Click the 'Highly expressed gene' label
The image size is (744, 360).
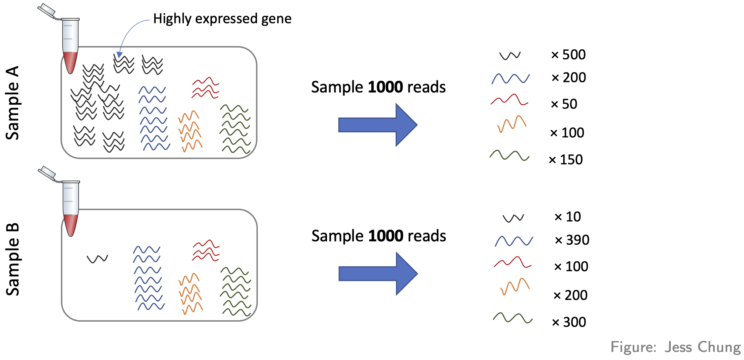click(222, 18)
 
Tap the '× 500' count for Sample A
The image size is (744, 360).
click(568, 55)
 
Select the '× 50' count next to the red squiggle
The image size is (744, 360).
click(564, 104)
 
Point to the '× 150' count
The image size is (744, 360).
click(566, 160)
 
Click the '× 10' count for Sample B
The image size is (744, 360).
click(568, 217)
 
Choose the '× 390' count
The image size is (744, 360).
click(572, 240)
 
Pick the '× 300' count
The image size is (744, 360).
click(569, 322)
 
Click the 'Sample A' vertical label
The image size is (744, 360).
click(13, 103)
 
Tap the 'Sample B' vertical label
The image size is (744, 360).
click(13, 259)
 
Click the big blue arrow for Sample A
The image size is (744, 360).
click(378, 125)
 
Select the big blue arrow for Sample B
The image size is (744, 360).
click(378, 274)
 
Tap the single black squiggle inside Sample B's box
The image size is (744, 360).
click(97, 259)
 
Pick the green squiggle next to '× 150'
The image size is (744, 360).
click(509, 155)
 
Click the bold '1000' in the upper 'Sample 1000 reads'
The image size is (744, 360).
click(385, 87)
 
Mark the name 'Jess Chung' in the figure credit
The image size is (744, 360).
click(702, 347)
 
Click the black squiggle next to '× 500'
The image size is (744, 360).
click(510, 56)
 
